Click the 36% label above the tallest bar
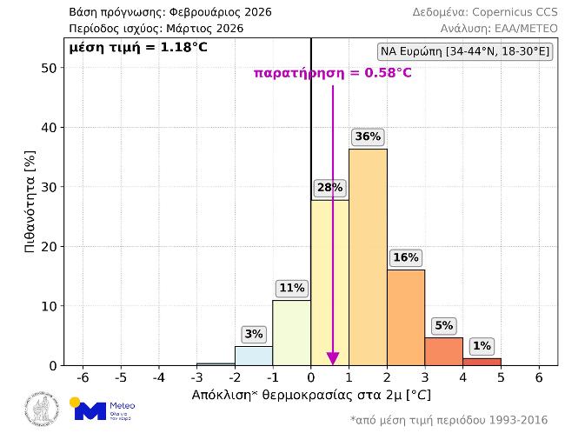(368, 137)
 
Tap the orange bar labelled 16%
(406, 317)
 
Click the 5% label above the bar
(444, 326)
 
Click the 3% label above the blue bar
(254, 334)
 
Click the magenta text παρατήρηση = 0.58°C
(332, 73)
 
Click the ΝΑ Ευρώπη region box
(465, 52)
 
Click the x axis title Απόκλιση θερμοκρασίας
(310, 396)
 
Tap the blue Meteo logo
(103, 410)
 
